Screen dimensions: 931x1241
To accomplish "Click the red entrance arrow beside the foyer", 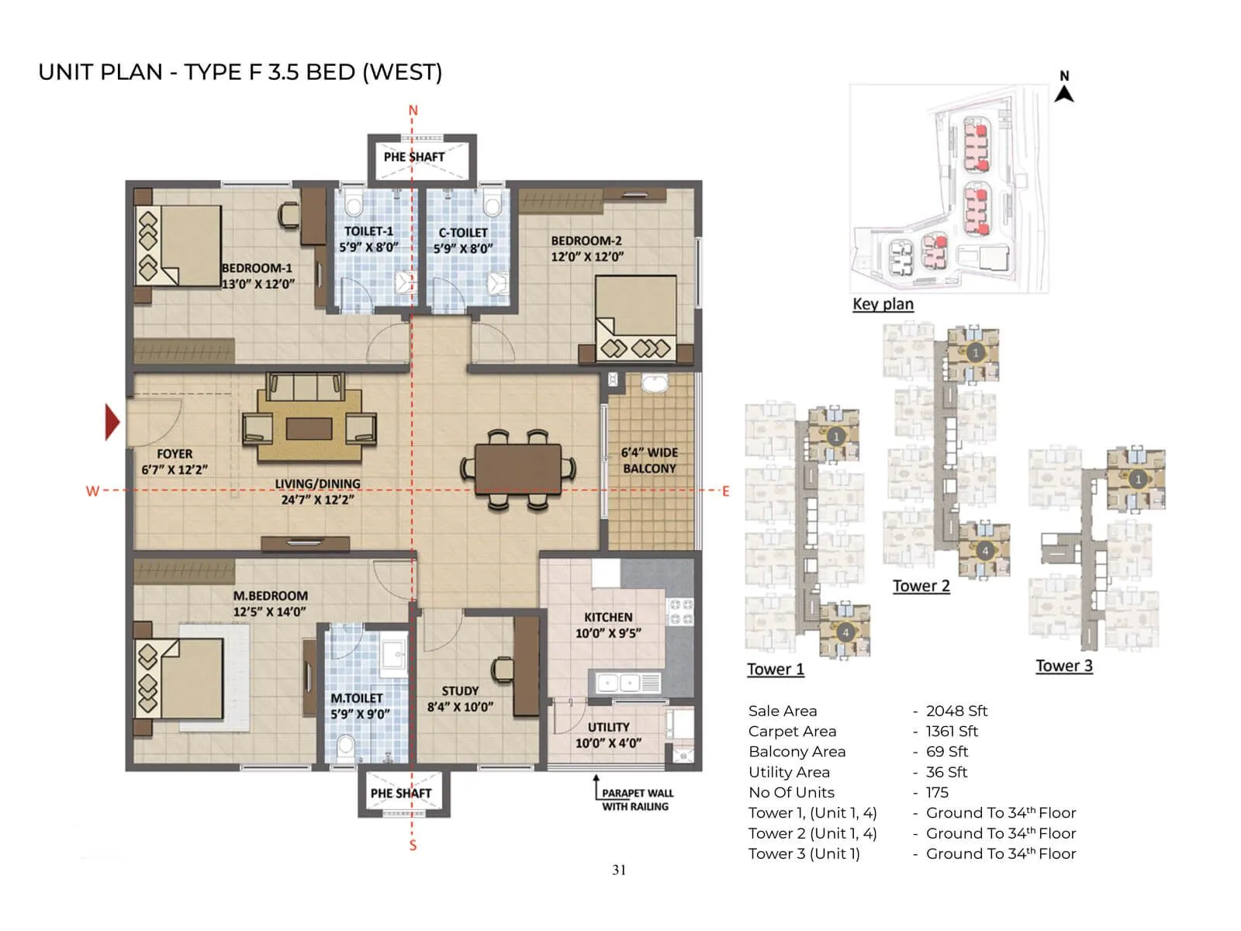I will (x=112, y=422).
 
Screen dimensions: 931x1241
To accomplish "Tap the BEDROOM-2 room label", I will (x=587, y=248).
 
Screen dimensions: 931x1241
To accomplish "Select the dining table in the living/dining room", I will (x=518, y=468).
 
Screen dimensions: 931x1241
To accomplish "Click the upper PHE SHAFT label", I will (x=414, y=157).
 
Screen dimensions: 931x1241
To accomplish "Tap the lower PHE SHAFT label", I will (x=400, y=793).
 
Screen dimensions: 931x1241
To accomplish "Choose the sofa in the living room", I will (x=305, y=386).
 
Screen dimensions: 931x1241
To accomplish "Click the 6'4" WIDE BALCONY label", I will (x=650, y=460).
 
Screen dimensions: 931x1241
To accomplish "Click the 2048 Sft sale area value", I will (x=956, y=711).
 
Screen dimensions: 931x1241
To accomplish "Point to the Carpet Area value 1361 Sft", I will (x=952, y=731).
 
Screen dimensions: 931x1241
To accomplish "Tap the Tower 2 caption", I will (x=921, y=586).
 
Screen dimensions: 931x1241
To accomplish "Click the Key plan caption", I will (x=883, y=304).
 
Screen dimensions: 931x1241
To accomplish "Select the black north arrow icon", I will (x=1064, y=93).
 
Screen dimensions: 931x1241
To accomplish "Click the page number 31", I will (x=619, y=870).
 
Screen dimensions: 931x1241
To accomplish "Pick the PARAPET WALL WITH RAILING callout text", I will (x=637, y=800).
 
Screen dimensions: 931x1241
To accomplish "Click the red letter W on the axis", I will (x=92, y=491).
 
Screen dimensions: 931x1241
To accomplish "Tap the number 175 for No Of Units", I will (x=937, y=792).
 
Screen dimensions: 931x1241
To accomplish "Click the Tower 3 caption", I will (x=1064, y=666).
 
